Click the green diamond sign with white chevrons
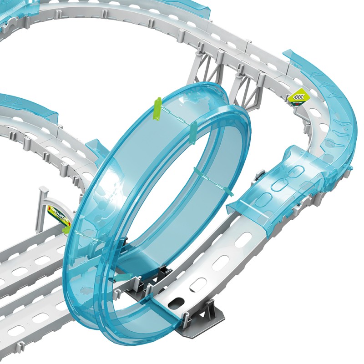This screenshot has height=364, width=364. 298,96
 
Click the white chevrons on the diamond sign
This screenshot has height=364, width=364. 298,95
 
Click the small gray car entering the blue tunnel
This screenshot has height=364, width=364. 260,176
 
